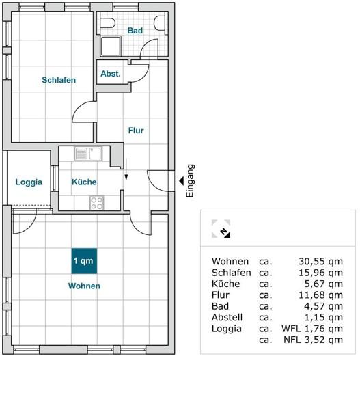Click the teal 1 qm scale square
(x=84, y=261)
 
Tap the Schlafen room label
(x=59, y=80)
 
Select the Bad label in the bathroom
(x=135, y=31)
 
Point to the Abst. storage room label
(x=111, y=74)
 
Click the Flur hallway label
(x=136, y=131)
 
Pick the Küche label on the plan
(x=84, y=182)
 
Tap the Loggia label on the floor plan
(x=29, y=182)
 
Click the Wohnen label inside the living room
(x=84, y=286)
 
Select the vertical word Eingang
(x=190, y=180)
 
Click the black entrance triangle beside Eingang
(x=182, y=180)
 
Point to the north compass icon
(x=221, y=229)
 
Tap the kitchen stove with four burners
(x=97, y=203)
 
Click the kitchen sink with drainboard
(x=88, y=154)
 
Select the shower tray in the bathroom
(x=111, y=46)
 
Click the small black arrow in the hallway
(x=126, y=169)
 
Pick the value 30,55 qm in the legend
(x=320, y=261)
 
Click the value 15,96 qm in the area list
(x=320, y=273)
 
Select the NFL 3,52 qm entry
(x=313, y=340)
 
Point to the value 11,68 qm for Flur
(x=320, y=295)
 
